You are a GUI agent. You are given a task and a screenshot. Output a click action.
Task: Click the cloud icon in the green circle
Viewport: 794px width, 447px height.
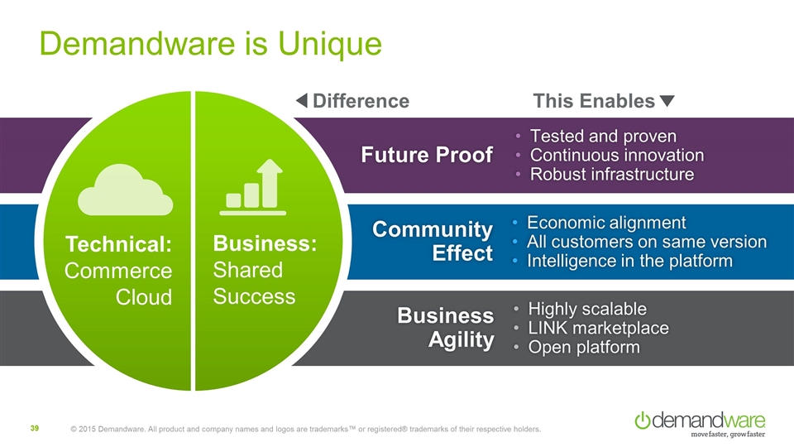click(x=125, y=191)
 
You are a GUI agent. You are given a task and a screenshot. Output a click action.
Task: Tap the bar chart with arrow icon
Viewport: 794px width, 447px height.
click(x=255, y=188)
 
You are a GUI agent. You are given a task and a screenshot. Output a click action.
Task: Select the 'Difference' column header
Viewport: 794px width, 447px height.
click(x=361, y=101)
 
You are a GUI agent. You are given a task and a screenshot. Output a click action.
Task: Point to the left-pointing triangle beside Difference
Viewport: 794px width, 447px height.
click(x=302, y=101)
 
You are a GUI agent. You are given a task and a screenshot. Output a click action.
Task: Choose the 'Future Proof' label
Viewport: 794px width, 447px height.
click(x=427, y=155)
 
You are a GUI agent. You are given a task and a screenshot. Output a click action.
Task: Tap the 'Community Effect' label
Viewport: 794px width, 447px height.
click(x=433, y=240)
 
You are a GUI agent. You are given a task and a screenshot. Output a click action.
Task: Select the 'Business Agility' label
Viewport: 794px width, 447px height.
click(x=445, y=327)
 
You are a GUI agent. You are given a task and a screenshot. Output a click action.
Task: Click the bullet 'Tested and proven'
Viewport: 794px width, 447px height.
click(x=603, y=136)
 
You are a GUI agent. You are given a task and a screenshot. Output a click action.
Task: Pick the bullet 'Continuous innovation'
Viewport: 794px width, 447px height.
click(x=616, y=155)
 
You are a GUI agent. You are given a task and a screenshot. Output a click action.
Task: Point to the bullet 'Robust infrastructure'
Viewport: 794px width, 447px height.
click(x=611, y=175)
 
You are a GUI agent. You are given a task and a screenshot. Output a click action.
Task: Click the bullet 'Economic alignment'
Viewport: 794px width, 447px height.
click(x=606, y=223)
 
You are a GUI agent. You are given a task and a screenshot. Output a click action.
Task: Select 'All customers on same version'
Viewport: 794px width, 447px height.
click(x=646, y=242)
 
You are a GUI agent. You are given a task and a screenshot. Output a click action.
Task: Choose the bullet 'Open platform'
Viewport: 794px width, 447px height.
click(x=584, y=347)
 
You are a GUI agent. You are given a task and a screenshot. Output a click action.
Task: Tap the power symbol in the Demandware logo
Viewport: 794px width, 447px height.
click(x=643, y=420)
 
